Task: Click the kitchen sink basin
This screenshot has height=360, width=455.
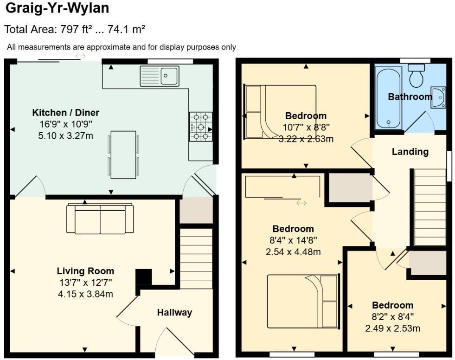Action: click(x=170, y=76)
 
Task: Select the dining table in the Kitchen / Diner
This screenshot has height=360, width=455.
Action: click(x=123, y=154)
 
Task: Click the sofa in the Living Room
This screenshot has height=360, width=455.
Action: click(x=100, y=219)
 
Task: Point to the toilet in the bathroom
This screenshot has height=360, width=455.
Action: click(x=416, y=76)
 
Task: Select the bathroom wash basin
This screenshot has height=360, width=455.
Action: click(x=438, y=97)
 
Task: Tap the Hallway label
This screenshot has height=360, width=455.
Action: click(x=174, y=313)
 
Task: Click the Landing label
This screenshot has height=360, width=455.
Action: click(x=410, y=152)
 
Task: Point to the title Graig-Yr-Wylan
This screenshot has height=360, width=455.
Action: click(x=58, y=8)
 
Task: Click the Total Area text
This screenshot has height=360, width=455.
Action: click(x=75, y=30)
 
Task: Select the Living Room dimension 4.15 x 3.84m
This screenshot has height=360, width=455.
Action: click(x=85, y=294)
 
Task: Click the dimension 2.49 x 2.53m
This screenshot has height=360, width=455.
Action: click(x=392, y=328)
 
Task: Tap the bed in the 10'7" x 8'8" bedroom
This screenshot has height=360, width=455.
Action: click(x=280, y=112)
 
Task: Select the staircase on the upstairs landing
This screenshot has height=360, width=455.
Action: click(x=429, y=207)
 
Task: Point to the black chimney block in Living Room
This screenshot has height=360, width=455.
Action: click(x=143, y=277)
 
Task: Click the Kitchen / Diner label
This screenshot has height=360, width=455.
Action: click(x=65, y=112)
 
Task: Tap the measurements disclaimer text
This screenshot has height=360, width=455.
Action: click(x=121, y=47)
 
